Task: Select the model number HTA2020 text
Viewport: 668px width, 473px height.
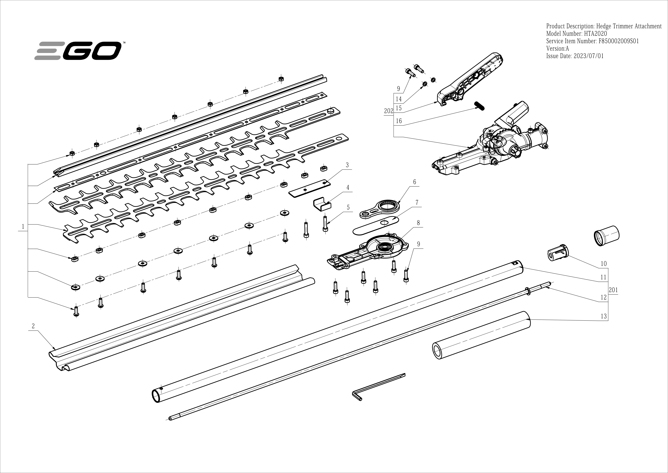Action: (577, 33)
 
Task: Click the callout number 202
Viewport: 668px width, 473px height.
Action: (388, 111)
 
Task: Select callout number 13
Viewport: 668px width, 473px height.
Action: (604, 316)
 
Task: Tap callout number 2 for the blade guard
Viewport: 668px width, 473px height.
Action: (33, 326)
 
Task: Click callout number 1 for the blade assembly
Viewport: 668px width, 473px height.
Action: (23, 226)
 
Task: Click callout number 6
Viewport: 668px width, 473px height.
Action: (415, 182)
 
